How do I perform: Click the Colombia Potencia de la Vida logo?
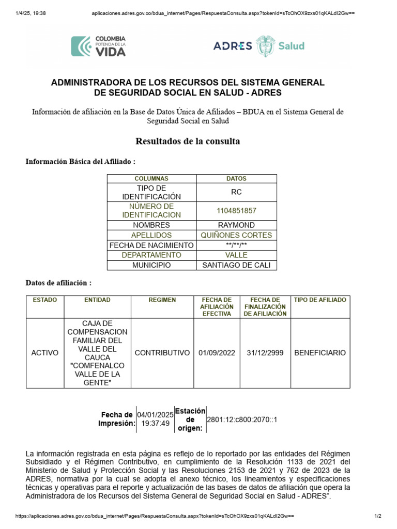tap(98, 45)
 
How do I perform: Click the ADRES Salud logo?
tap(258, 45)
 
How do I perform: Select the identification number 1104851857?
tap(236, 211)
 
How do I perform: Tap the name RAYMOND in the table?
tap(236, 225)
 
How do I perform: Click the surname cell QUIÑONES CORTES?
tap(236, 235)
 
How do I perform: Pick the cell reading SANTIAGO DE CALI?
tap(236, 265)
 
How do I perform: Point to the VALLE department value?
tap(236, 255)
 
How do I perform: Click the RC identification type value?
tap(236, 192)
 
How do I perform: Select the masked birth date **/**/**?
tap(236, 245)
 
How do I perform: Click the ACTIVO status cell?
tap(45, 353)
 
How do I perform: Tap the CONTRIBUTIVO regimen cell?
tap(162, 353)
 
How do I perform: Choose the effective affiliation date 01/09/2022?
tap(217, 353)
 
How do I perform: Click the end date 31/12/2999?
tap(265, 353)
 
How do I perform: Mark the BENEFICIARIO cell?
tap(320, 353)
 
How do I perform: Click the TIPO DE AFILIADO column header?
tap(320, 300)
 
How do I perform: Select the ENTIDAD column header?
tap(97, 300)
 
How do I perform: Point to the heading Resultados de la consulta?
tap(188, 141)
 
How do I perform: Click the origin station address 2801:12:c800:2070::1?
tap(242, 419)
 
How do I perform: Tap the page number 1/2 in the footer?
tap(378, 516)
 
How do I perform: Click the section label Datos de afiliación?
tap(59, 283)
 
